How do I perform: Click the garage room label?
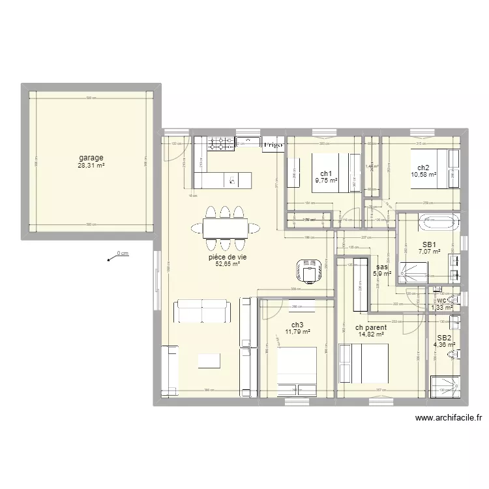coord(92,158)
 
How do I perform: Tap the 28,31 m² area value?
coord(92,166)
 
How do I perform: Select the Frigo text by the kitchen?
coord(273,145)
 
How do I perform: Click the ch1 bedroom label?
coord(326,173)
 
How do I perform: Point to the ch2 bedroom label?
coord(424,167)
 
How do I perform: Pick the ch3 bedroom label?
coord(297,325)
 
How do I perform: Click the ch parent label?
coord(371,328)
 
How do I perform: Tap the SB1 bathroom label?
coord(430,244)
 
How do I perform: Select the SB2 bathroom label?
coord(443,337)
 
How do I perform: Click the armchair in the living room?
coord(309,269)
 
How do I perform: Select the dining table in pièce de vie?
coord(225,228)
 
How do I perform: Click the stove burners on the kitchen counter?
coord(222,142)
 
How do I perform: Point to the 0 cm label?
coord(122,254)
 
